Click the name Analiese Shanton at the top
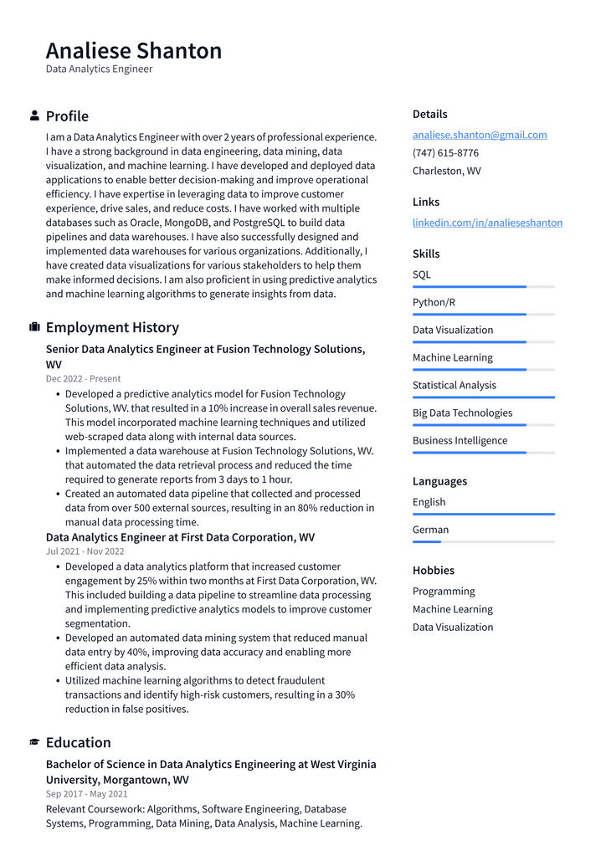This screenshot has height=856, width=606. coord(134,51)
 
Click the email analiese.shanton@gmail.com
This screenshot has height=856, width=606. coord(479,135)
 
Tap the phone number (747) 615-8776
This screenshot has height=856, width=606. coord(445,153)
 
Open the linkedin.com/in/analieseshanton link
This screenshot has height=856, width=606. coord(487,223)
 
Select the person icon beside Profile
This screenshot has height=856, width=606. coord(34,115)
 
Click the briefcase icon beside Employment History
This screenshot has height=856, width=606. coord(34,327)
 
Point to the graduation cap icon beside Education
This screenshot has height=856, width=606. coord(34,742)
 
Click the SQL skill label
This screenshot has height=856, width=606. coord(422,274)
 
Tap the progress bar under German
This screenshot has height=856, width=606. coord(483,542)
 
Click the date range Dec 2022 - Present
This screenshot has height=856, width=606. coord(83,378)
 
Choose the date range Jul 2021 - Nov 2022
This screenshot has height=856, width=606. coord(85,551)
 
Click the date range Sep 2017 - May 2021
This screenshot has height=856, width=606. coord(86,794)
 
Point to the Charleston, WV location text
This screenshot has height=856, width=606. coord(446,171)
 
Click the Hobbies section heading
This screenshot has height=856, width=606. coord(433,571)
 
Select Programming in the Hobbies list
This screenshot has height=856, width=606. coord(444,592)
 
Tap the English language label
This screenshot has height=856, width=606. coord(429,502)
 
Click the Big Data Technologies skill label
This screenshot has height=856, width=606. coord(462,413)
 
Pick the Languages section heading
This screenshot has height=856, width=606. coord(439,481)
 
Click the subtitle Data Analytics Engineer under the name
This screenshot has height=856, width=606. coord(99,69)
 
